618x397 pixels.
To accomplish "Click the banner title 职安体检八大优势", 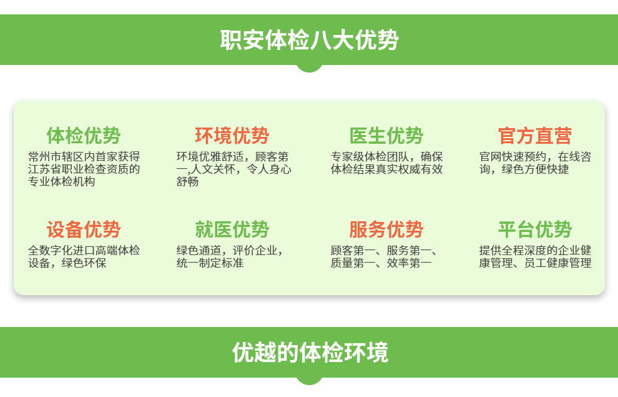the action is click(310, 40).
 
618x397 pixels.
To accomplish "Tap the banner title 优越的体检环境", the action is click(310, 353).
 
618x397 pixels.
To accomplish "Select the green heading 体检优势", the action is click(84, 136).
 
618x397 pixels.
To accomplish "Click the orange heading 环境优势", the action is click(232, 136).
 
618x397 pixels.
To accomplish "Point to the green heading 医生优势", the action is click(386, 136).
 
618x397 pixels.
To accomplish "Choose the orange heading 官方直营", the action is click(535, 136).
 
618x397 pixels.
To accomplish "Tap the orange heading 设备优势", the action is click(84, 229).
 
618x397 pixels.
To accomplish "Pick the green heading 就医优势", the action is click(232, 229).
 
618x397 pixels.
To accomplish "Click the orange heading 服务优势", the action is click(386, 229).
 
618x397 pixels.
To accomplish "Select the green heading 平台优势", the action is click(535, 229).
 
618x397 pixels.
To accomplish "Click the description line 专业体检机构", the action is click(61, 181).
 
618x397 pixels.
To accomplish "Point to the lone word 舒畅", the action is click(188, 181).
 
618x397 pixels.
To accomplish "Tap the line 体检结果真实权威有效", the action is click(386, 169).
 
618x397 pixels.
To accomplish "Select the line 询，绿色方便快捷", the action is click(524, 169).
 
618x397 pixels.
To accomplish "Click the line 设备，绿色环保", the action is click(67, 263).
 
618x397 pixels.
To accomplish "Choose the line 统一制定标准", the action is click(210, 263).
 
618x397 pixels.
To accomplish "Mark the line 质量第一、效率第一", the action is click(381, 263).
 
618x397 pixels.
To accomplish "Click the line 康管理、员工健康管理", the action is click(535, 263).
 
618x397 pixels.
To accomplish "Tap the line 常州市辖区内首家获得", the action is click(84, 157).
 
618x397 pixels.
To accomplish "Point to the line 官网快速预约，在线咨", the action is click(535, 157).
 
